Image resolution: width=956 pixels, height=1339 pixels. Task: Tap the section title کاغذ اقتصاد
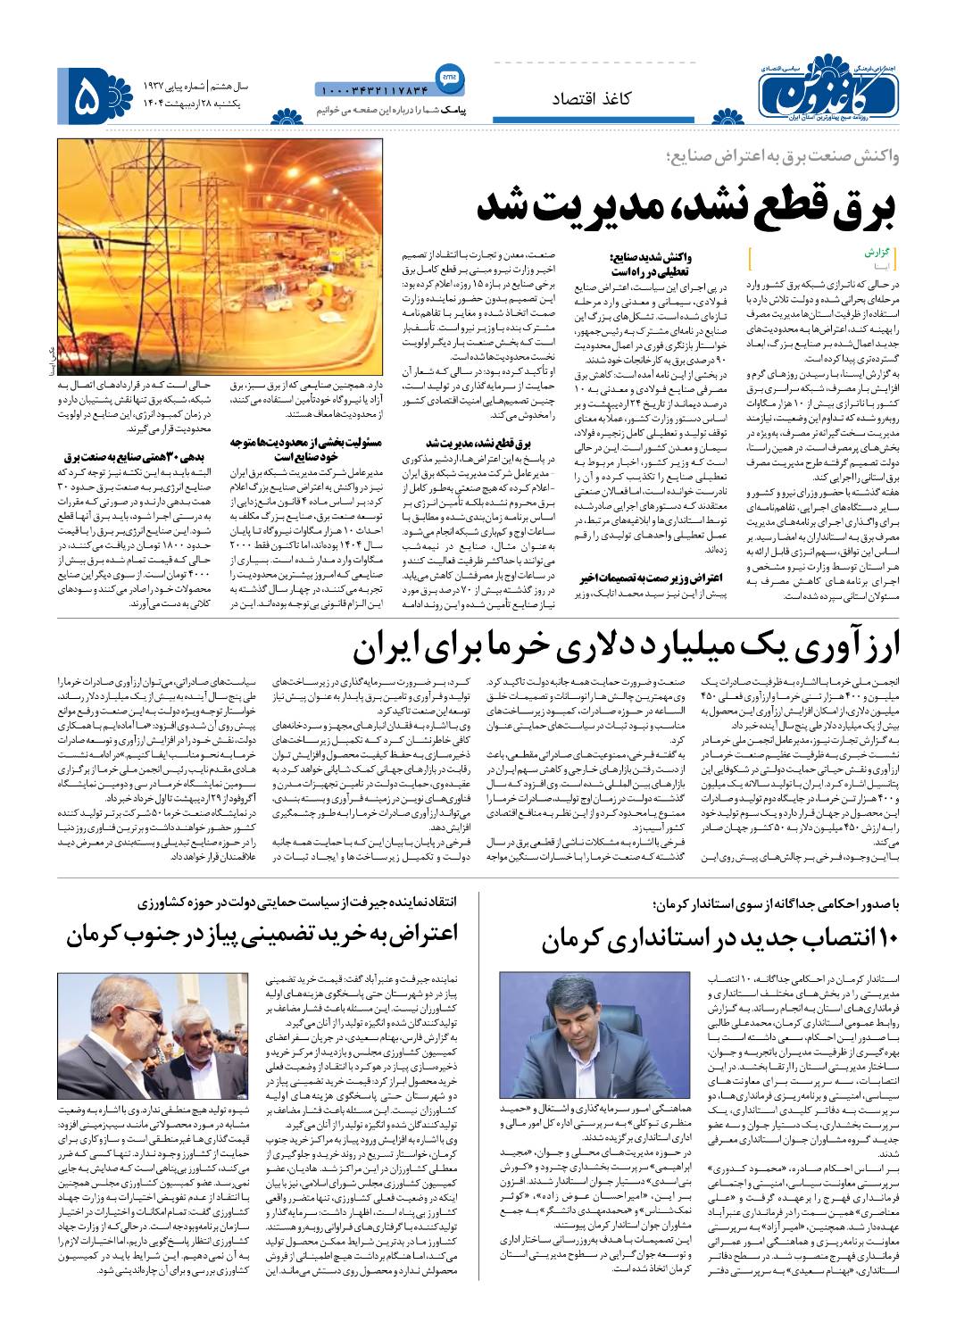tap(593, 99)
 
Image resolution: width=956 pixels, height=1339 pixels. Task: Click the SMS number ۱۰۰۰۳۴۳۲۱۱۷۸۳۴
tap(374, 88)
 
